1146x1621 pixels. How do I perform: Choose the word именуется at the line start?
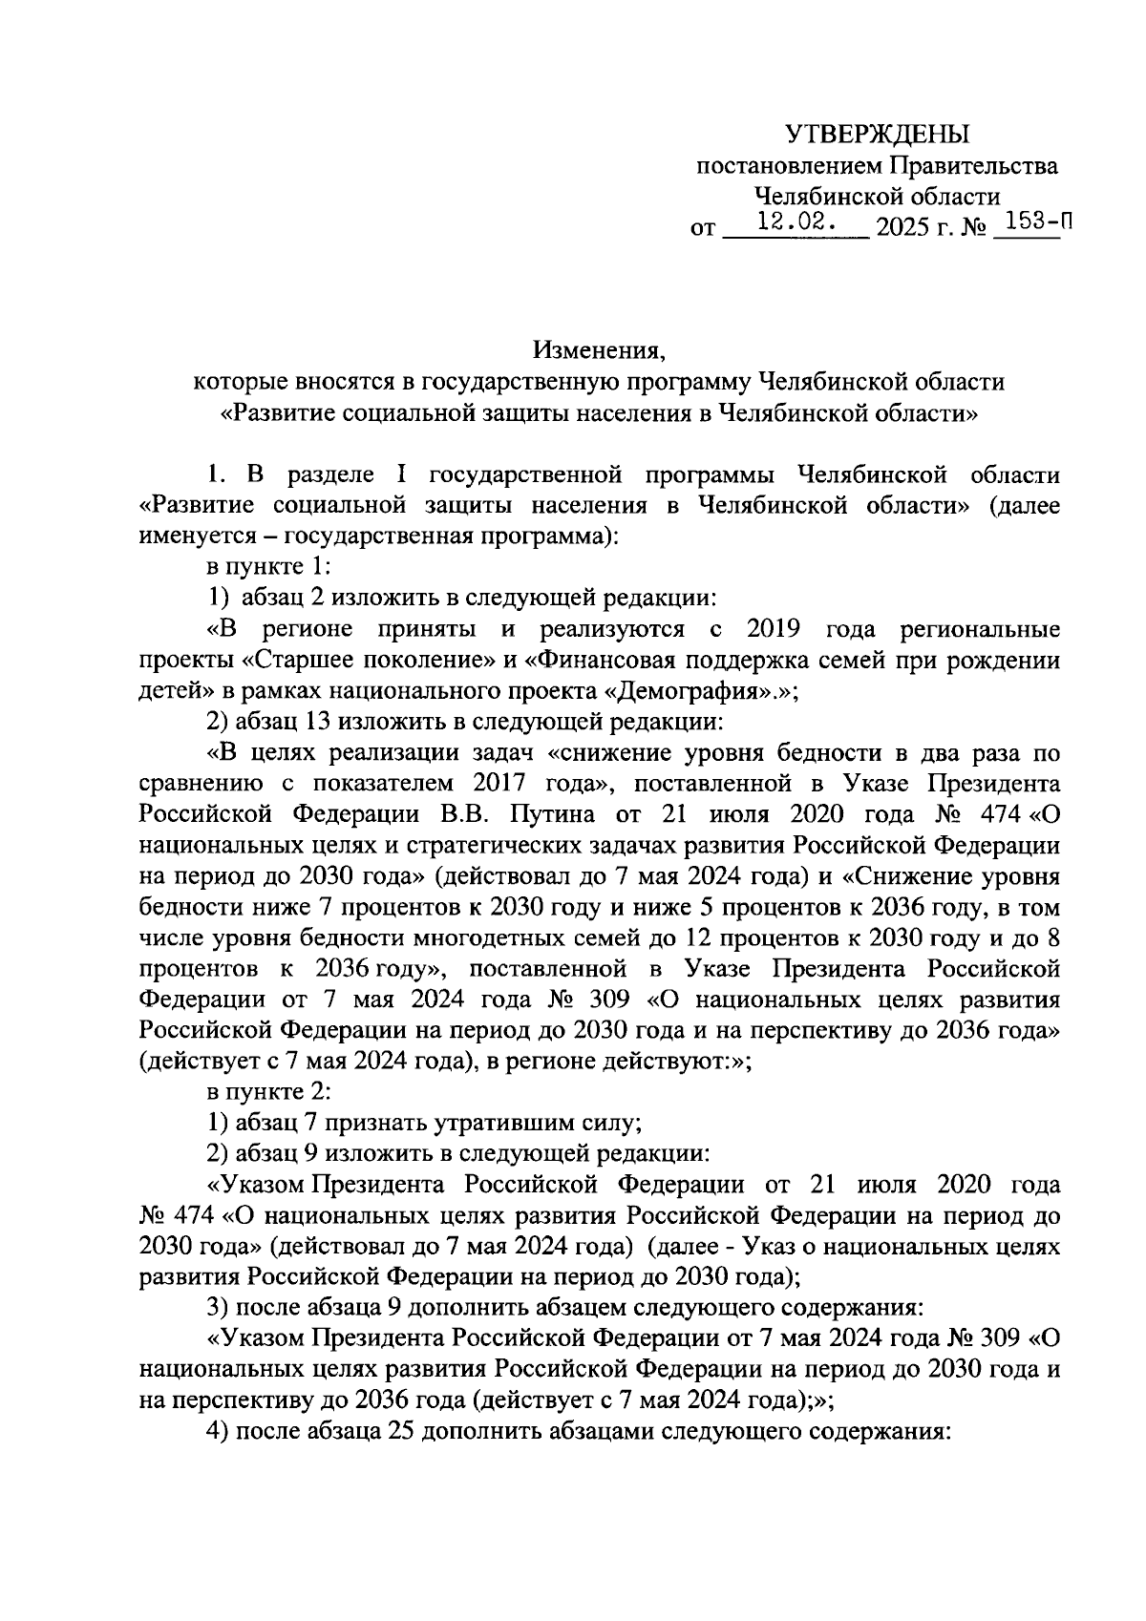pos(199,537)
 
